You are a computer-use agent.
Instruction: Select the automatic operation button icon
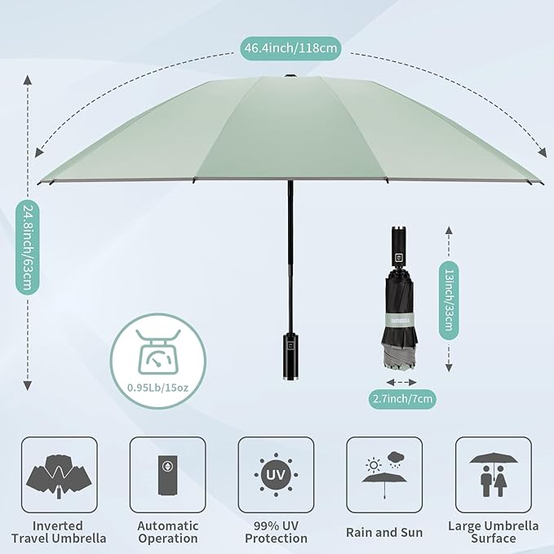167,473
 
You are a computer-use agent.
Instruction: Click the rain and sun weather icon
384,473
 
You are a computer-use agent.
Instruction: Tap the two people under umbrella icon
493,473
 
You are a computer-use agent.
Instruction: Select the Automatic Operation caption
167,531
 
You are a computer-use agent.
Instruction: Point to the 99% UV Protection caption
276,531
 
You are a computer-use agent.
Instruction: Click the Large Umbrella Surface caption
493,531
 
